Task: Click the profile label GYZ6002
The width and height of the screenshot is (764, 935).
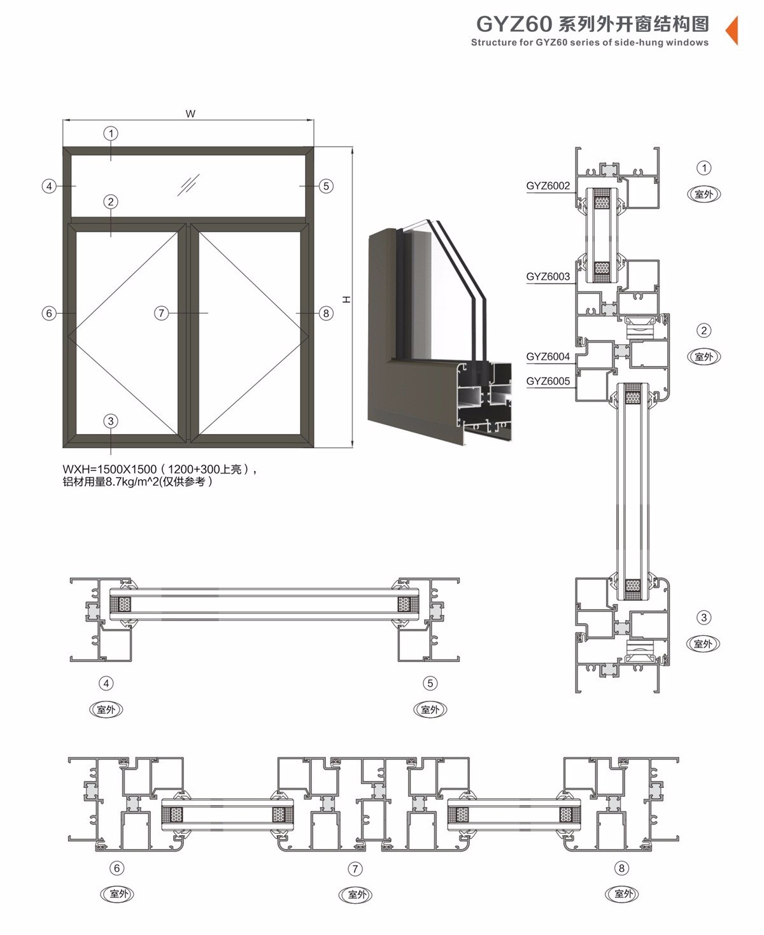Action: [x=548, y=186]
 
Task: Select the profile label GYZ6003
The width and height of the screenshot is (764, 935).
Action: [x=548, y=277]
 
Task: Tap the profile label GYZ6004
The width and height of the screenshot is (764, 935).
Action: [x=548, y=357]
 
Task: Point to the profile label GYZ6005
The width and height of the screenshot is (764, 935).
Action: [x=548, y=381]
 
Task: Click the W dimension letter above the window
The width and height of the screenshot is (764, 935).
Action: [x=190, y=114]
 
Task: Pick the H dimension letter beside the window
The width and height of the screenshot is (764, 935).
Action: [x=346, y=300]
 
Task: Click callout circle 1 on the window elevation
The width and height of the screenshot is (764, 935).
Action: [x=111, y=133]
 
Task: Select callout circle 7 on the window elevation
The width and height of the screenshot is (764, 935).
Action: [x=162, y=313]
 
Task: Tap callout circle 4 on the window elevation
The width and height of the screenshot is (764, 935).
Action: [x=49, y=186]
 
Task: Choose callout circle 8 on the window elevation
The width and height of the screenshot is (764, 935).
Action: [x=326, y=313]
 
